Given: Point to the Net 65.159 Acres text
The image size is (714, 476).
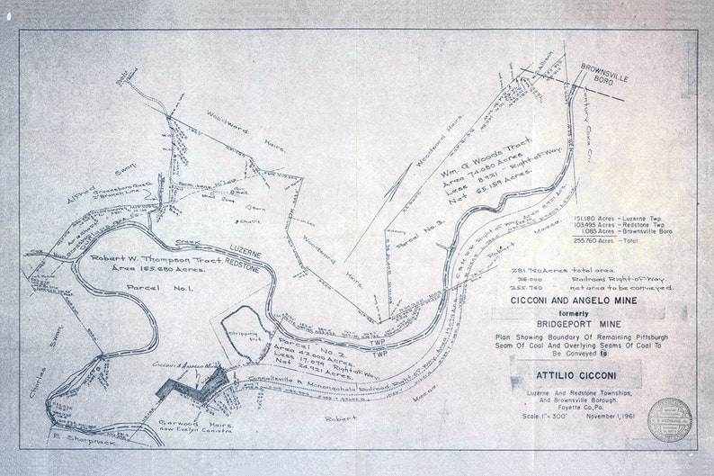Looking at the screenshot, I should [480, 193].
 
